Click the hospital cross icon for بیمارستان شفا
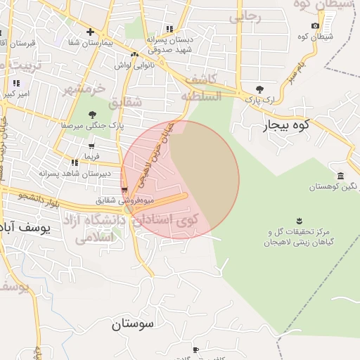coord(90,32)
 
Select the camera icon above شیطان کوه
coord(315,26)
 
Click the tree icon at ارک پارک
coord(260,89)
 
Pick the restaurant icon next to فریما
coord(74,162)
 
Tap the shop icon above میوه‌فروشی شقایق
coord(124,190)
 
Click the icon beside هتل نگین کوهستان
coord(340,176)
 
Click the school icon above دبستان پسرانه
coord(169,29)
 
